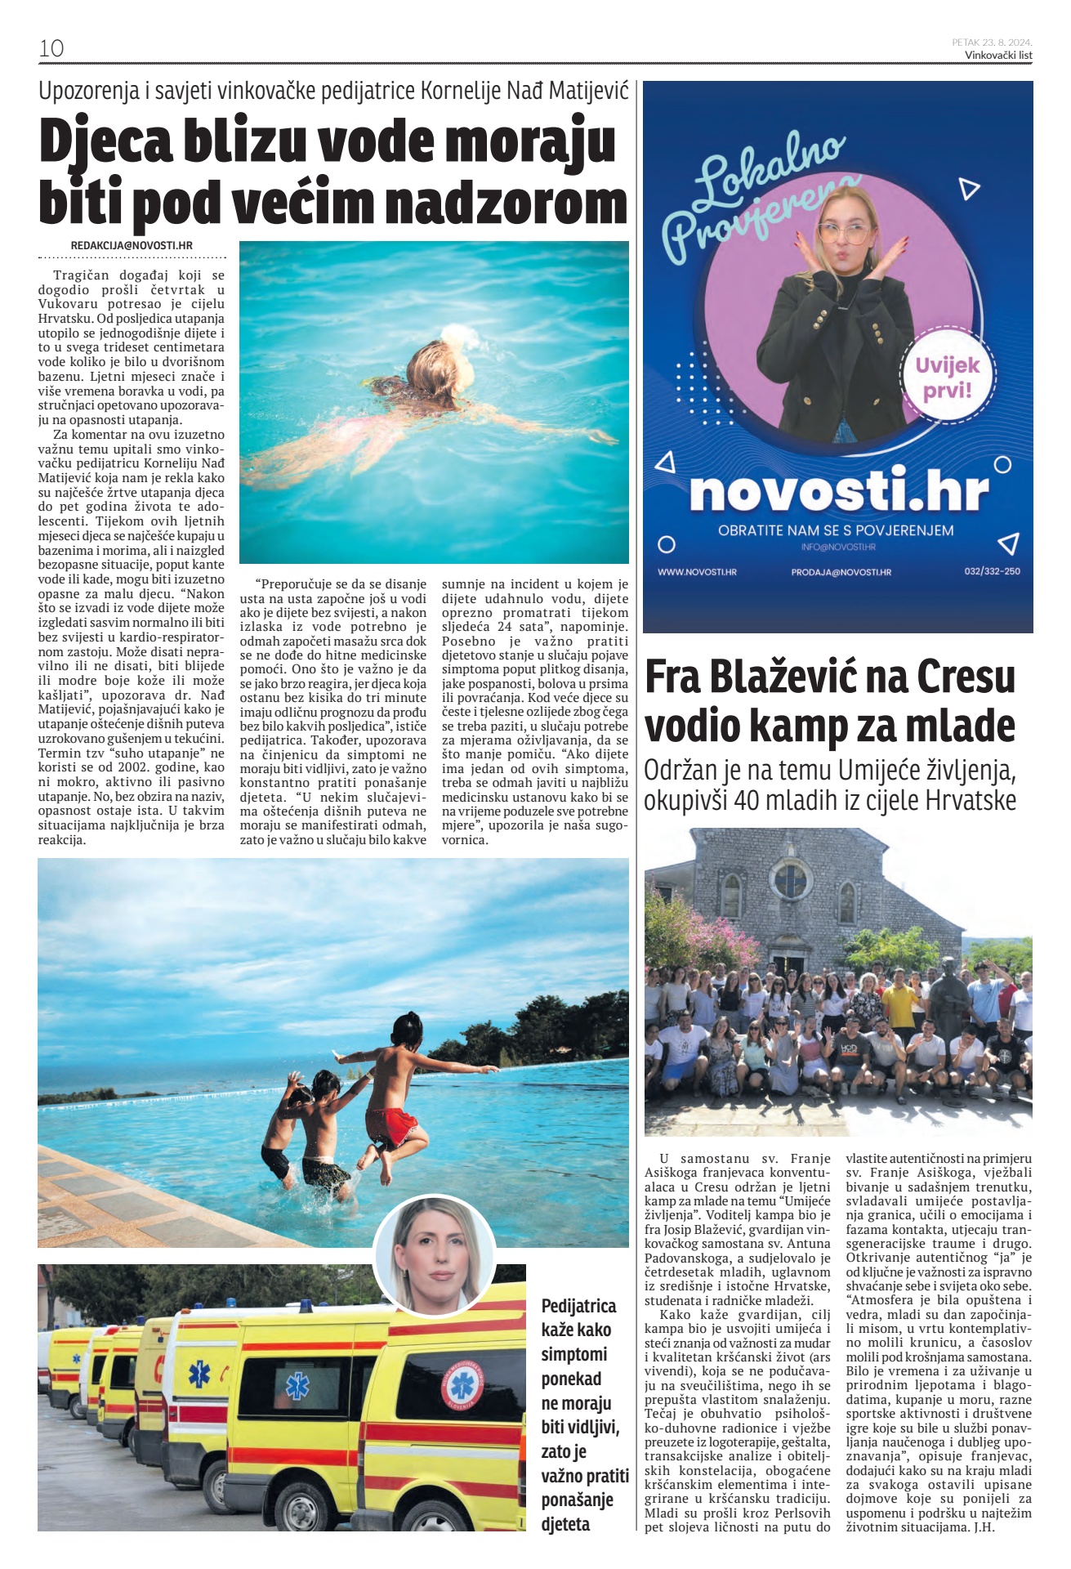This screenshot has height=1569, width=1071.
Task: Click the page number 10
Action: pyautogui.click(x=51, y=48)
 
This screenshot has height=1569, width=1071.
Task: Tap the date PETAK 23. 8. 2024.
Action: pyautogui.click(x=992, y=42)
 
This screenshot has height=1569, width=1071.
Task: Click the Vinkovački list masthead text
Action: pyautogui.click(x=998, y=56)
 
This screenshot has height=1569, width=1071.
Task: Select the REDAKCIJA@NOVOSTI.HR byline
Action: pyautogui.click(x=132, y=245)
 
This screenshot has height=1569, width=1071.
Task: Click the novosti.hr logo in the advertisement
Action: pyautogui.click(x=838, y=490)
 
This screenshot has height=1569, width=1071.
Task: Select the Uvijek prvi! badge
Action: pyautogui.click(x=947, y=377)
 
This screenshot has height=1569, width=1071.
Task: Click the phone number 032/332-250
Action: pyautogui.click(x=992, y=571)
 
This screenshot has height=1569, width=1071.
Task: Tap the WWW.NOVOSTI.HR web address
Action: pyautogui.click(x=697, y=572)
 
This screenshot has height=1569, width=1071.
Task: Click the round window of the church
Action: pyautogui.click(x=790, y=879)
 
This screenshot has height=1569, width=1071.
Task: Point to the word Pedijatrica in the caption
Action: pyautogui.click(x=578, y=1306)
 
